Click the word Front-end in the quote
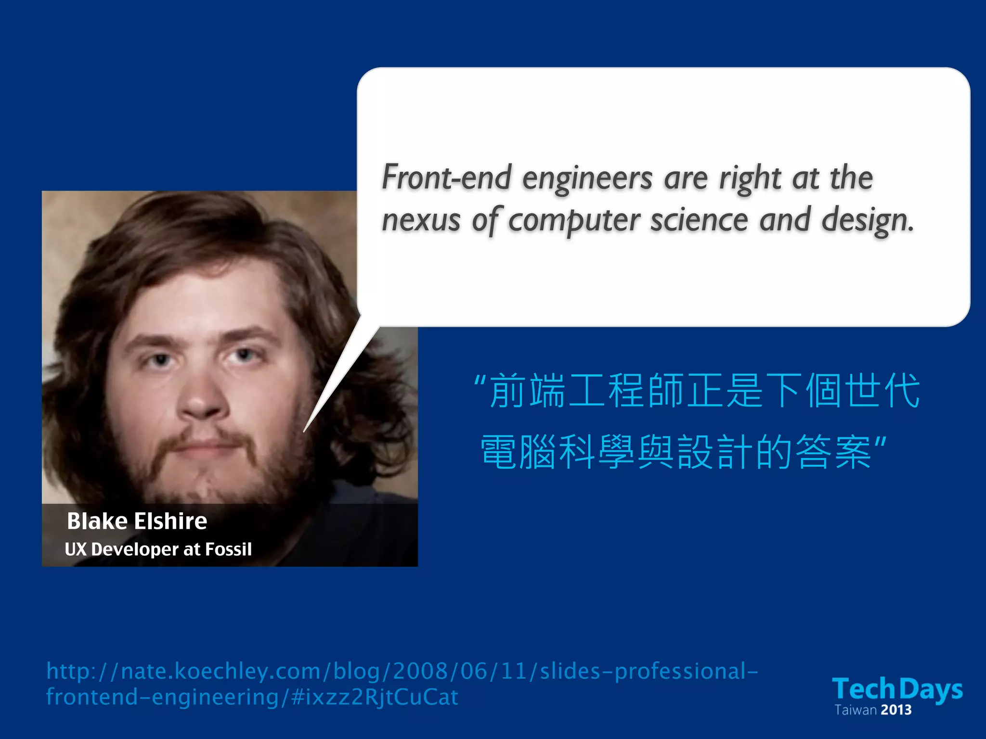(x=446, y=178)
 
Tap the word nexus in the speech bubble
(x=421, y=220)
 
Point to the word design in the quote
(x=866, y=220)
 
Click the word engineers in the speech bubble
(x=587, y=178)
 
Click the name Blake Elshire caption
(x=137, y=521)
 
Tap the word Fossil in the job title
(x=229, y=549)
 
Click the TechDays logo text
(x=897, y=688)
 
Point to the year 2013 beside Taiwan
(x=896, y=710)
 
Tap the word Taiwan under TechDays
(x=856, y=710)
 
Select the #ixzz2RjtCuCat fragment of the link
(x=375, y=697)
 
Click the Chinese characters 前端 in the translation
(x=527, y=391)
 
